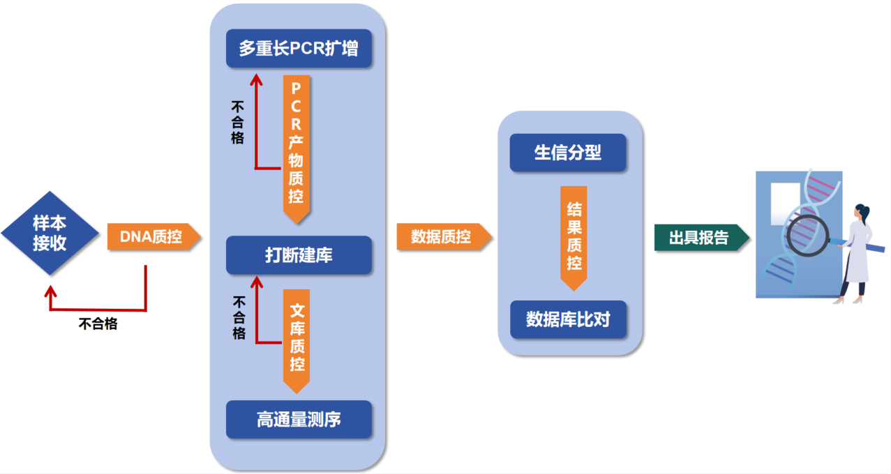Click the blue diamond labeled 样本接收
pyautogui.click(x=50, y=234)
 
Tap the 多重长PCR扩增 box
pyautogui.click(x=299, y=48)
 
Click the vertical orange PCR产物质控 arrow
pyautogui.click(x=297, y=149)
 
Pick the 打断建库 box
pyautogui.click(x=299, y=255)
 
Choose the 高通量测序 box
pyautogui.click(x=299, y=420)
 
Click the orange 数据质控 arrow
pyautogui.click(x=444, y=237)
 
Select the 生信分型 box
pyautogui.click(x=568, y=153)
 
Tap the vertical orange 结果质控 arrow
pyautogui.click(x=574, y=238)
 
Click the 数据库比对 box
pyautogui.click(x=568, y=319)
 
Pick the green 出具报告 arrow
pyautogui.click(x=702, y=238)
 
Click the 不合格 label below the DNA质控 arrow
pyautogui.click(x=98, y=324)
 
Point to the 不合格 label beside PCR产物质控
pyautogui.click(x=237, y=123)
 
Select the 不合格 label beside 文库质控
pyautogui.click(x=239, y=317)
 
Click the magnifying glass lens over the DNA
pyautogui.click(x=808, y=235)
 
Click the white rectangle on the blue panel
pyautogui.click(x=786, y=204)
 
